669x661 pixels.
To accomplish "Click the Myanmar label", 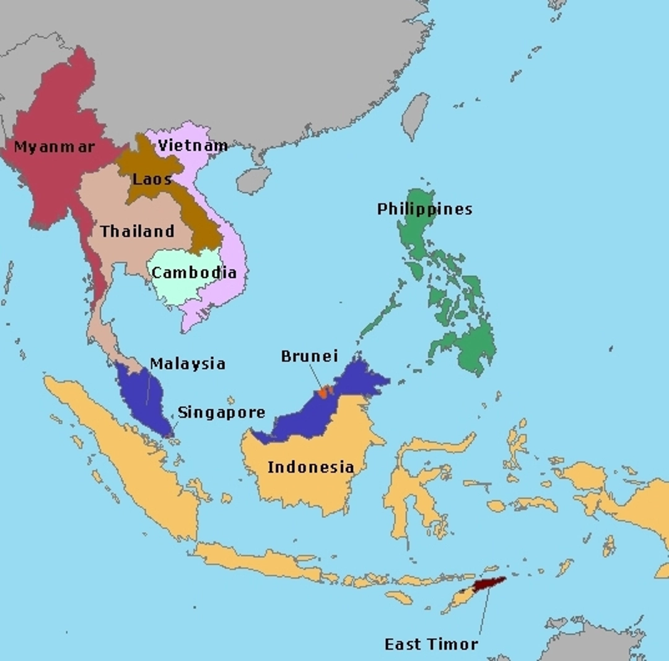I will click(x=55, y=147).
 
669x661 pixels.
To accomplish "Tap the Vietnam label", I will click(x=193, y=146).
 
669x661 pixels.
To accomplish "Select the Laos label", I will click(x=152, y=180).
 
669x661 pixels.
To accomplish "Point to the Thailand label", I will click(x=138, y=232).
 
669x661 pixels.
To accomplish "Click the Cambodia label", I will click(x=194, y=273).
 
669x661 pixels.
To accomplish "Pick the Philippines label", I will click(x=424, y=209).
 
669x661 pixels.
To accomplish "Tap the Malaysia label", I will click(x=188, y=364).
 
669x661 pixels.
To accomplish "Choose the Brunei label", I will click(x=310, y=356).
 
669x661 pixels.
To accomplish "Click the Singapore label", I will click(x=221, y=413).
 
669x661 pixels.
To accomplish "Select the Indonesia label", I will click(x=311, y=467).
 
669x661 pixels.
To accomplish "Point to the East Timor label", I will click(x=431, y=644).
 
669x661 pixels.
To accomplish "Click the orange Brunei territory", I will click(x=323, y=392).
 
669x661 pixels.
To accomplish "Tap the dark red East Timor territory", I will click(x=489, y=583).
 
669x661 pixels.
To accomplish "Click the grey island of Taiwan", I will click(x=416, y=115).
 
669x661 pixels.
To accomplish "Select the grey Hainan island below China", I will click(x=253, y=180).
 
